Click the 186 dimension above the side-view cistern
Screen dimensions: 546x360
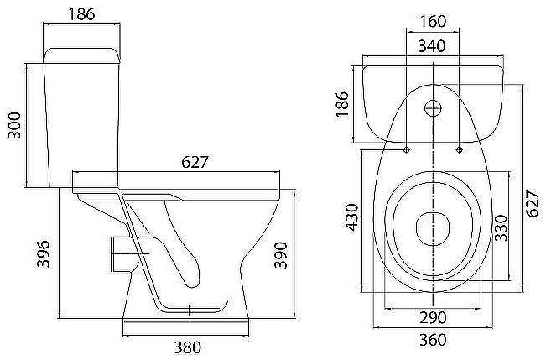coord(81,14)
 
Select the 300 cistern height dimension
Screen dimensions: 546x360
coord(14,125)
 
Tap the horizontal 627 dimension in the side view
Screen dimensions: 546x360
coord(195,162)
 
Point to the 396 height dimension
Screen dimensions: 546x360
coord(44,253)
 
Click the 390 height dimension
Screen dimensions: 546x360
coord(281,255)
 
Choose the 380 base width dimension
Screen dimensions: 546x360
coord(188,347)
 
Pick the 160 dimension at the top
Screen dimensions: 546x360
coord(433,21)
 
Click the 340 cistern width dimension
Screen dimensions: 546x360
coord(432,45)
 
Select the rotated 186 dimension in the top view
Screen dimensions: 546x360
coord(342,104)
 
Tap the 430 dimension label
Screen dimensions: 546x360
coord(351,217)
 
